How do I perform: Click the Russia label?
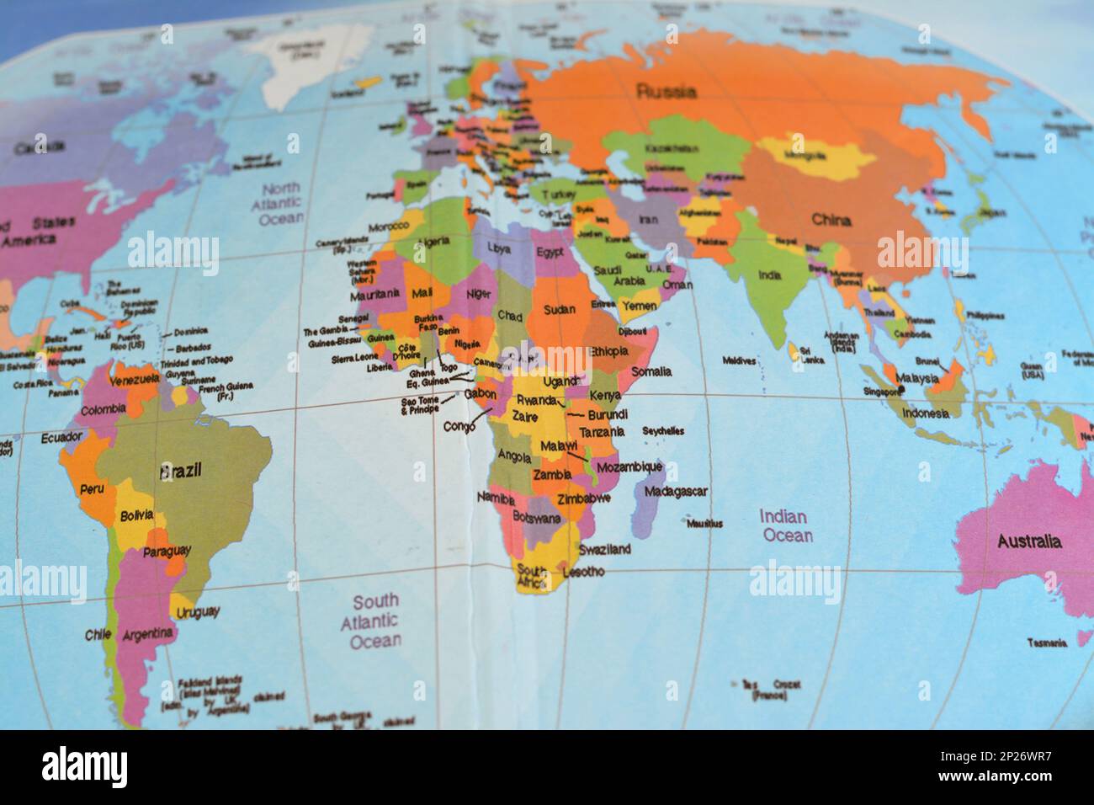coord(666,91)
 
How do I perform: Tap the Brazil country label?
coord(181,472)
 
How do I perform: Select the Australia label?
coord(1029,541)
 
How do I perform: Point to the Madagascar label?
coord(676,492)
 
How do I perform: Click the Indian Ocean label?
coord(786,525)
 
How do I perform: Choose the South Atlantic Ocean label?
coord(375,621)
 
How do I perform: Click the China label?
coord(831,221)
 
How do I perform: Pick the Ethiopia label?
coord(609,350)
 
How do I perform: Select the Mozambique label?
coord(629,466)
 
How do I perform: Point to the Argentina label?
coord(148,633)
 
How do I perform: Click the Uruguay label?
coord(199,611)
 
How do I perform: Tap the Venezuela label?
coord(135,380)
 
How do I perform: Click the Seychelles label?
coord(663,431)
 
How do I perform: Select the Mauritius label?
coord(704,524)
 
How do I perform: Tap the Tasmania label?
coord(1047,642)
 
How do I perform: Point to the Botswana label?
coord(536,518)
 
